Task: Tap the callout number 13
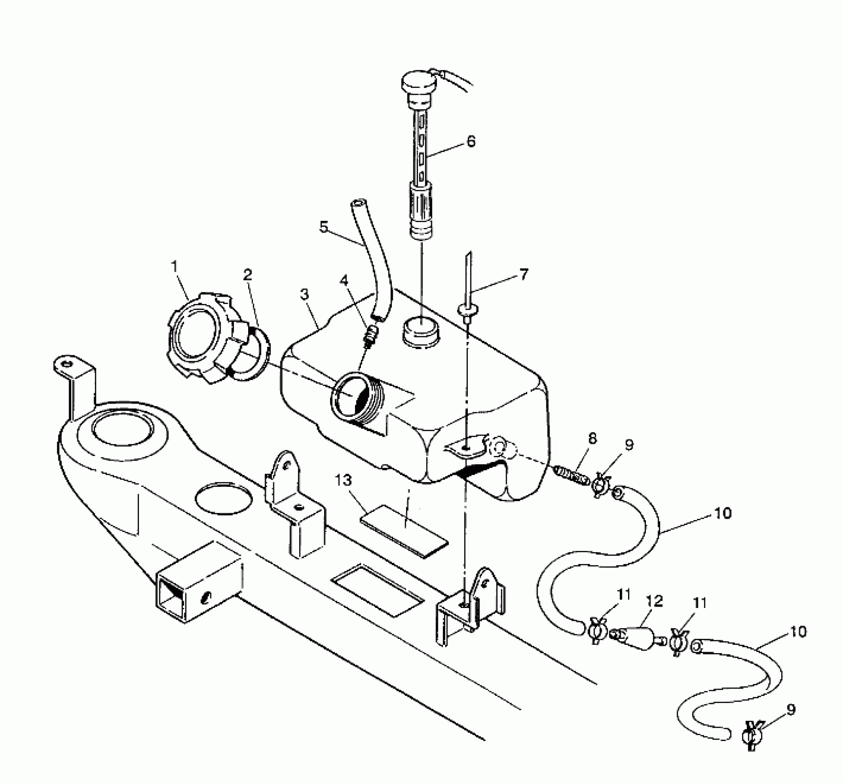(x=344, y=480)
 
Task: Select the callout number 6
(x=471, y=141)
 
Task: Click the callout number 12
(x=654, y=601)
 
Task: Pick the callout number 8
(x=592, y=438)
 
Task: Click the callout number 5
(x=324, y=227)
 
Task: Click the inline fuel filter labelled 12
(x=636, y=637)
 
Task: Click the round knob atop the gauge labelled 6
(x=417, y=84)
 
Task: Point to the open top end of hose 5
(x=358, y=204)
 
